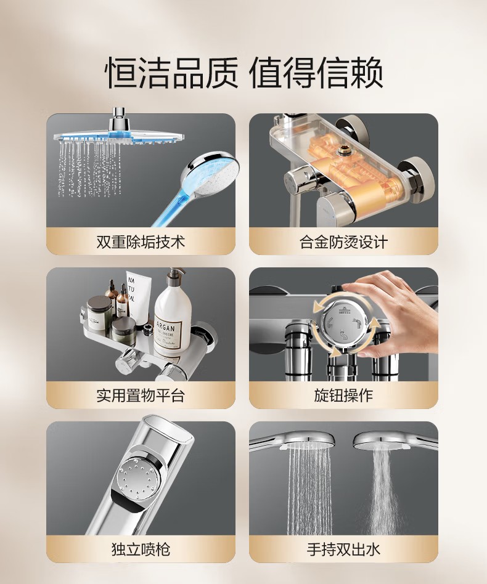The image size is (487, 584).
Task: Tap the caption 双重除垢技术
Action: (141, 242)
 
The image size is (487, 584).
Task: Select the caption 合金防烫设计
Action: (343, 242)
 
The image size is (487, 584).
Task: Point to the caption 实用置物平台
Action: (141, 395)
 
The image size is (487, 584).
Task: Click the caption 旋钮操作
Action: (343, 395)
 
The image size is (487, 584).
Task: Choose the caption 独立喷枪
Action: (141, 550)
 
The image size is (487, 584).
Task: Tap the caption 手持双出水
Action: (343, 550)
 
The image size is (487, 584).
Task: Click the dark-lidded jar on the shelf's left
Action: (99, 312)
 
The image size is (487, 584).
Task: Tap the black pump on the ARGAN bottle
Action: (174, 277)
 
